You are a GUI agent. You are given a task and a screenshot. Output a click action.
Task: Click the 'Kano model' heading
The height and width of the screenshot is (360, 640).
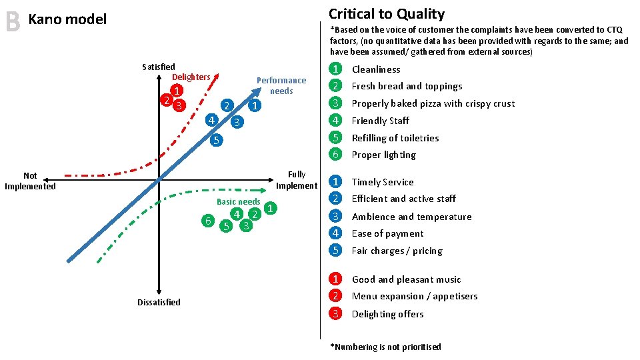[67, 19]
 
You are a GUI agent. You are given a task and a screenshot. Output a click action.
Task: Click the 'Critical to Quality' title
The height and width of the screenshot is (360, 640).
[386, 14]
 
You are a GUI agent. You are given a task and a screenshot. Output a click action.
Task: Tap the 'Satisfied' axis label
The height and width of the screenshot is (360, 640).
[159, 67]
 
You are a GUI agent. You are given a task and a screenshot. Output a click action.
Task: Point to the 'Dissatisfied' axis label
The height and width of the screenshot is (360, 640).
[159, 302]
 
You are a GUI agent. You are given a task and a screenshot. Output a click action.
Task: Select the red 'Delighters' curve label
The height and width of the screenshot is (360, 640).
[191, 77]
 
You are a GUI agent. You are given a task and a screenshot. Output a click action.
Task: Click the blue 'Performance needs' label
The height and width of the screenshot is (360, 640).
[281, 85]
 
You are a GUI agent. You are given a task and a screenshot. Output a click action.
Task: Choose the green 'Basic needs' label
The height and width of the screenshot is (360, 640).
[239, 202]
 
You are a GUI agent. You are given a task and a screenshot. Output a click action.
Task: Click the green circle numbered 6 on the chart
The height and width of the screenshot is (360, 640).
[209, 221]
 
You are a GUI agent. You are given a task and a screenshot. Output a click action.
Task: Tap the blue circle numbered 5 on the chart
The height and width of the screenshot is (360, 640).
[215, 140]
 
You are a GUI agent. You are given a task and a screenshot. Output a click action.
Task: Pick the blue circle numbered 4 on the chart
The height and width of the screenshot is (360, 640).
[210, 121]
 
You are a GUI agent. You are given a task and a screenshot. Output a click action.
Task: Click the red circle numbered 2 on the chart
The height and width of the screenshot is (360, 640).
[165, 100]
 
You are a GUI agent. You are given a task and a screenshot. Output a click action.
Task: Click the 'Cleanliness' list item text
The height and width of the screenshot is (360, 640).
[376, 69]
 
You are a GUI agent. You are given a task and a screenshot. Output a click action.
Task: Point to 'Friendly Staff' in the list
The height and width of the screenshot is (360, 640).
[380, 121]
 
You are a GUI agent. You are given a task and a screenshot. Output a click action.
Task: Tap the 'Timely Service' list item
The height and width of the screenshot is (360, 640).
[383, 182]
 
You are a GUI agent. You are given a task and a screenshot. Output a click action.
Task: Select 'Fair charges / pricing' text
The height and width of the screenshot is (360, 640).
[397, 251]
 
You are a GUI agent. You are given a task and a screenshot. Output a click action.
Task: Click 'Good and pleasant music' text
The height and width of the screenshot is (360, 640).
[406, 279]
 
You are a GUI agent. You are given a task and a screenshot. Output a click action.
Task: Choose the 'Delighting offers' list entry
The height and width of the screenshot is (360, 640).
[387, 314]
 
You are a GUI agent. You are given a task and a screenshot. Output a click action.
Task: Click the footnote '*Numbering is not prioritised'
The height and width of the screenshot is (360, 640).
[385, 347]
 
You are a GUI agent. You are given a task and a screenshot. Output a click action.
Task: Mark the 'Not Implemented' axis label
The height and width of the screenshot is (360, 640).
[30, 181]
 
